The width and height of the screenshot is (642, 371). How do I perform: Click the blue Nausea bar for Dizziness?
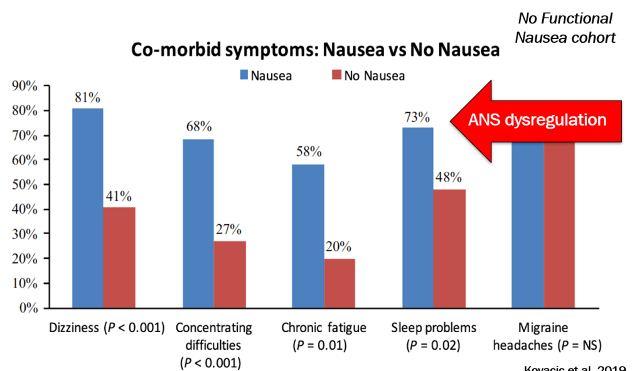87,208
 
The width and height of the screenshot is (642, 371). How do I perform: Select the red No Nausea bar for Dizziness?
119,257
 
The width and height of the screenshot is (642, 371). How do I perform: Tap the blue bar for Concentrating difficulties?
198,223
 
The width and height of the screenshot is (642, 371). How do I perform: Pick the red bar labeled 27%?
230,274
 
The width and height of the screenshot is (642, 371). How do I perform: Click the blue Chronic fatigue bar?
308,236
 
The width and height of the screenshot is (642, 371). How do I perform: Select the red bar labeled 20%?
340,283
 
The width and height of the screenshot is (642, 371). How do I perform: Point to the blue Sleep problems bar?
418,217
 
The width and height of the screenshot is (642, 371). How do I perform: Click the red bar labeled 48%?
449,249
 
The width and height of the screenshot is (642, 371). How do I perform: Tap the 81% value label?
88,97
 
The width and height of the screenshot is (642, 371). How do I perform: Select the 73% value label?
417,117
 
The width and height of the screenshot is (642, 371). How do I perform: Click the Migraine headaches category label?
542,335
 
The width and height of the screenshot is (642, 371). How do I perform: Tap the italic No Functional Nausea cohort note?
565,28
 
